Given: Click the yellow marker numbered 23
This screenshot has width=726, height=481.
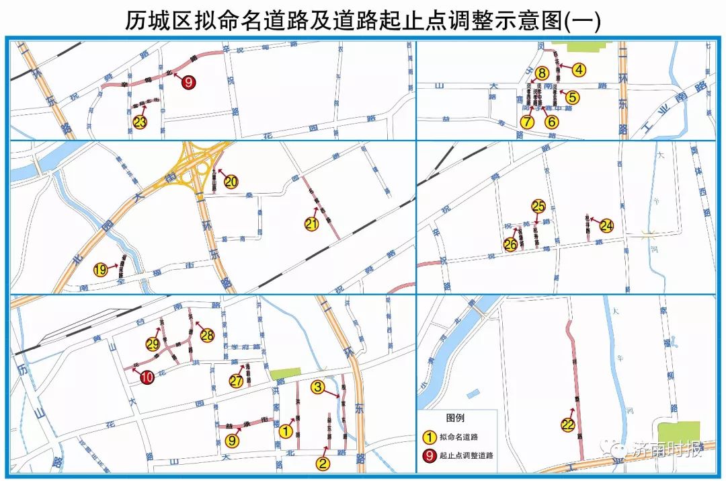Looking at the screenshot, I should (140, 122).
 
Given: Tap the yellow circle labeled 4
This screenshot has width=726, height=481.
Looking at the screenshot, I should (579, 69).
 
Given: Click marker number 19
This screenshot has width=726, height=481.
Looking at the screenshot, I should (100, 270).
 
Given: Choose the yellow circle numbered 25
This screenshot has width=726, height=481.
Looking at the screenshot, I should (538, 207).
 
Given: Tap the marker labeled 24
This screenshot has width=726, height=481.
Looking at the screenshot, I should (606, 225).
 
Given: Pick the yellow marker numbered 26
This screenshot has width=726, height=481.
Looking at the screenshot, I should (511, 245).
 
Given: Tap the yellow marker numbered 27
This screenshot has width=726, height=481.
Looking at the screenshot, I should (235, 381).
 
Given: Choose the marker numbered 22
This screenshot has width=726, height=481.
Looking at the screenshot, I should (568, 424).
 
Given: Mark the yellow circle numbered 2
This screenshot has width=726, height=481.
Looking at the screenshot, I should (323, 463).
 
